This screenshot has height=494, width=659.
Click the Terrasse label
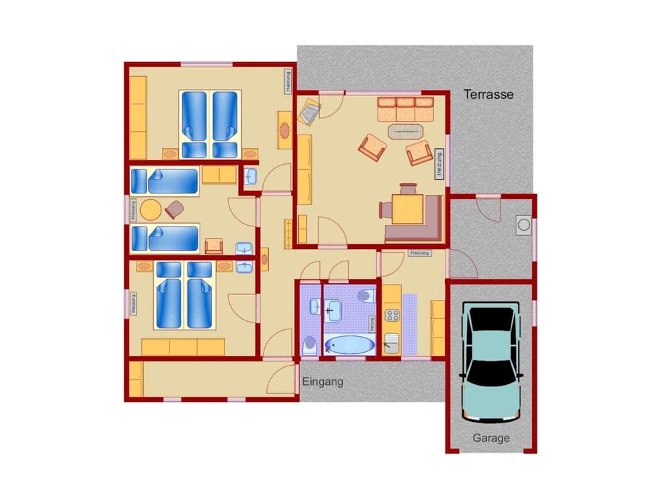488,95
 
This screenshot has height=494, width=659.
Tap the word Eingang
322,382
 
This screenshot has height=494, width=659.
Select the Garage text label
491,438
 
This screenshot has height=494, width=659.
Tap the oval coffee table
406,130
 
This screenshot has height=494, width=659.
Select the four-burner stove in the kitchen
392,316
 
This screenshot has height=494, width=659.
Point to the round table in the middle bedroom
150,209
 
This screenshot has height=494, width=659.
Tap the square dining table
406,210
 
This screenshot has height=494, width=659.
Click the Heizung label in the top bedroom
288,82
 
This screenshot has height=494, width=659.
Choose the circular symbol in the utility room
524,224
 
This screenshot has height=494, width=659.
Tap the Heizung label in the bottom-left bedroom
134,303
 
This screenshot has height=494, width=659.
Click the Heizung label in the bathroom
372,324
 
